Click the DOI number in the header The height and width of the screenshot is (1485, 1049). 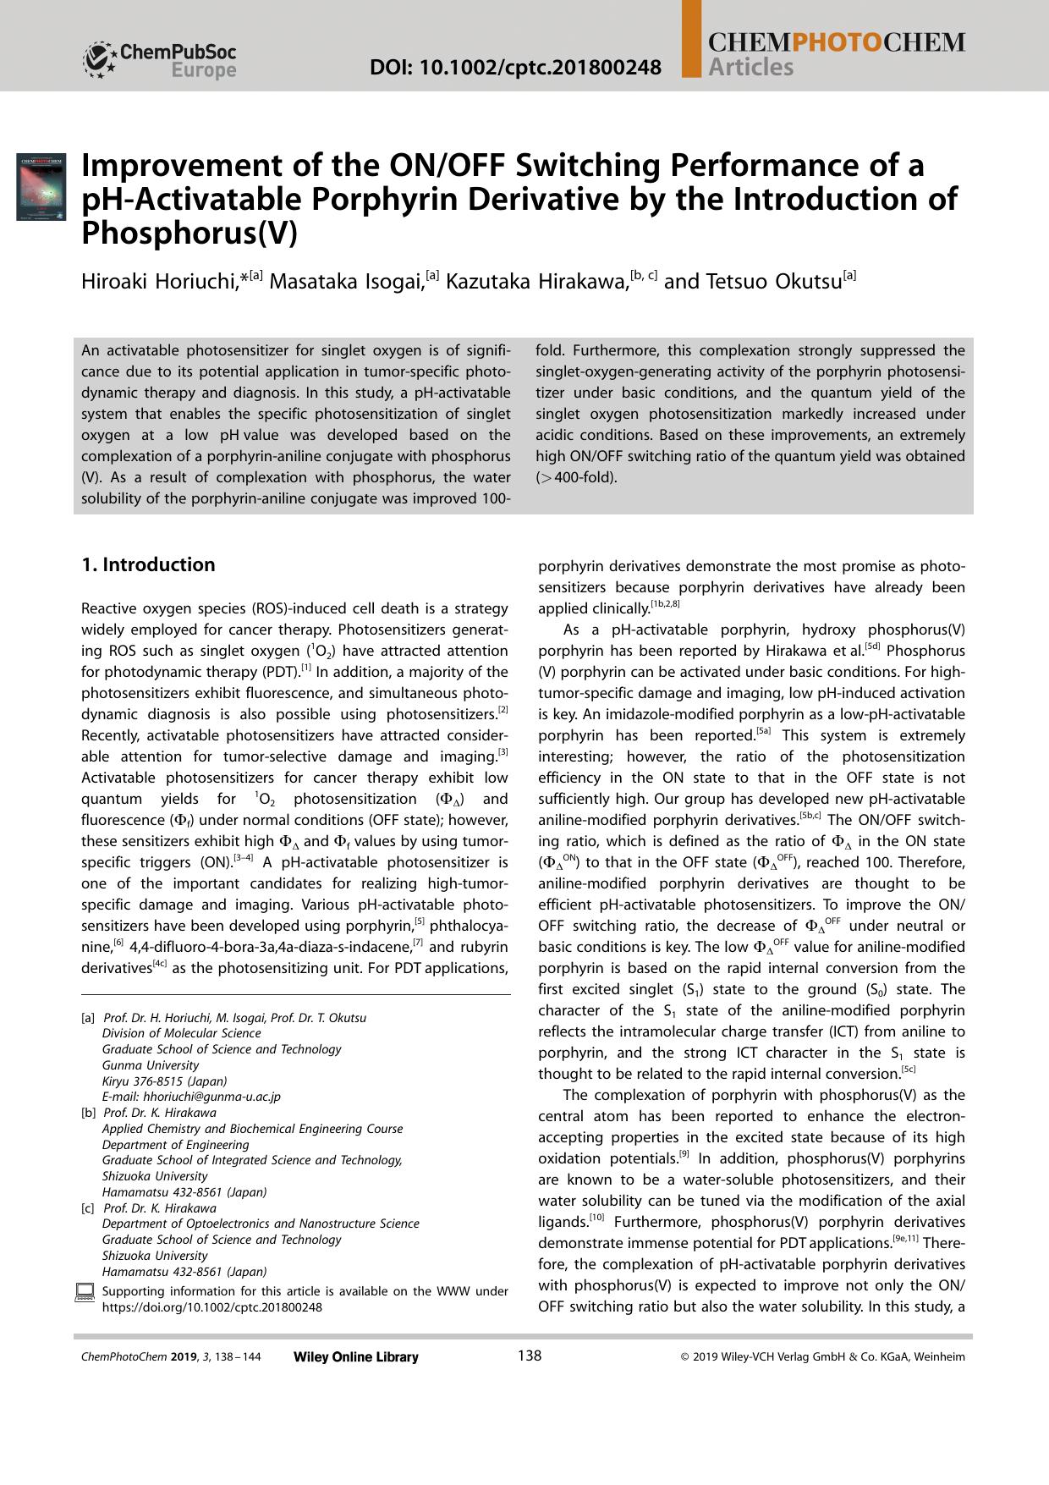[515, 67]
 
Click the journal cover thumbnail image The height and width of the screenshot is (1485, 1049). [41, 187]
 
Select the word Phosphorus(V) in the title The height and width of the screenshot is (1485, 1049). [189, 233]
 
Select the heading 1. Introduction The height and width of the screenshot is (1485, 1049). [148, 564]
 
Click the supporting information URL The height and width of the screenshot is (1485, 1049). [211, 1306]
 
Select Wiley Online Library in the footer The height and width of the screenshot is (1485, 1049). [355, 1357]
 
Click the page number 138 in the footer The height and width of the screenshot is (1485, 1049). [529, 1356]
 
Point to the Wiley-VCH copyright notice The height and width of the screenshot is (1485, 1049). [822, 1357]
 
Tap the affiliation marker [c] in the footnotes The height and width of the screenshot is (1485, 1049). [88, 1208]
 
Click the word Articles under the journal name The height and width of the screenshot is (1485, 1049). [751, 68]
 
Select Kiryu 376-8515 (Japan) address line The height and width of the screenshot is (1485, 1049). [164, 1081]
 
